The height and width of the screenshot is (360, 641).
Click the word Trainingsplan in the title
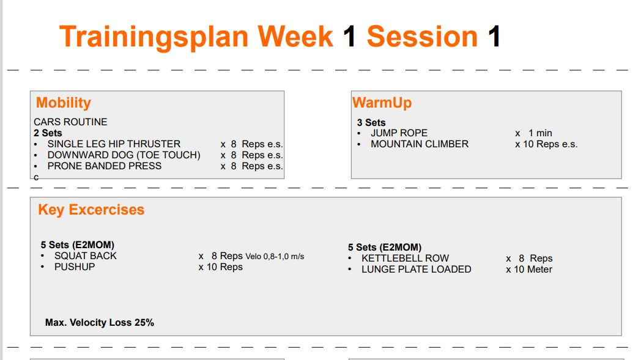[x=155, y=37]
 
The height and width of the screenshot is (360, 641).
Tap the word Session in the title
[x=421, y=37]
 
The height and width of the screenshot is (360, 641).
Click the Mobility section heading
[x=63, y=103]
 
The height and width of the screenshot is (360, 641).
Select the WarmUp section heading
[x=382, y=103]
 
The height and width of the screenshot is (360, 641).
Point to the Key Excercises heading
[x=91, y=210]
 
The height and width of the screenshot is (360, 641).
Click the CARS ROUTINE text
[x=70, y=122]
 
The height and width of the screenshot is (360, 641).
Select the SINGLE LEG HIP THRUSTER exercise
[x=114, y=144]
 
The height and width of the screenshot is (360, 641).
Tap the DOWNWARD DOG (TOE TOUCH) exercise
[x=124, y=155]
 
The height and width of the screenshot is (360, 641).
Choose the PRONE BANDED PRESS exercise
[x=104, y=166]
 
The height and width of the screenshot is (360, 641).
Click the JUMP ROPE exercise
[x=399, y=133]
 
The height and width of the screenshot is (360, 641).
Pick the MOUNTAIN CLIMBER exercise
[x=419, y=144]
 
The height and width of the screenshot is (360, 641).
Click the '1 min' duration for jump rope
[x=540, y=133]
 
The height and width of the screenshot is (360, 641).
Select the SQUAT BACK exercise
[x=85, y=255]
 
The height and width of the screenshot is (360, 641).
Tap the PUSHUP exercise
[x=75, y=266]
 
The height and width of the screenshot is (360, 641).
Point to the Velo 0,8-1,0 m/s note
[x=275, y=256]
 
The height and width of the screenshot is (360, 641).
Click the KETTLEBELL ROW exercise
[x=405, y=258]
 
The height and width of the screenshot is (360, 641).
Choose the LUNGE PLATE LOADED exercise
[x=416, y=269]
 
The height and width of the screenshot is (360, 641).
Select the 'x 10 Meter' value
[x=529, y=269]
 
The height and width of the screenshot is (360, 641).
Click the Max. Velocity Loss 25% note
[x=100, y=322]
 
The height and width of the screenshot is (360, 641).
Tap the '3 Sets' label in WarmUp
[x=371, y=122]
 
